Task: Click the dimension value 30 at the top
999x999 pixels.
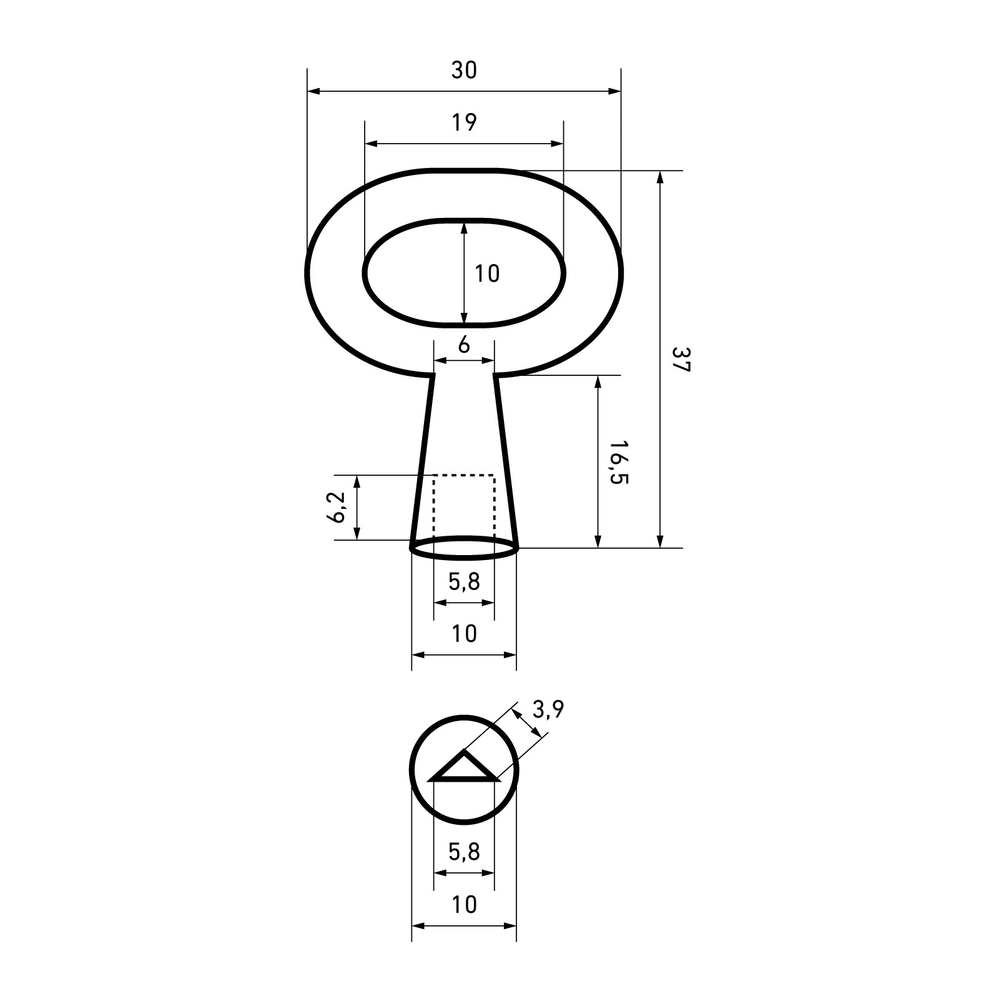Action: click(464, 71)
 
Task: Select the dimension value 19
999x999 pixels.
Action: click(464, 123)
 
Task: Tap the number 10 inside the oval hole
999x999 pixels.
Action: click(487, 273)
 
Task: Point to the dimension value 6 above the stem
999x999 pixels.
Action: click(464, 345)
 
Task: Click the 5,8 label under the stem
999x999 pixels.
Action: click(464, 582)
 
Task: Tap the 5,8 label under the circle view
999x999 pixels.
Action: click(464, 850)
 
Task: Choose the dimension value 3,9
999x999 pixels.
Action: click(548, 709)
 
